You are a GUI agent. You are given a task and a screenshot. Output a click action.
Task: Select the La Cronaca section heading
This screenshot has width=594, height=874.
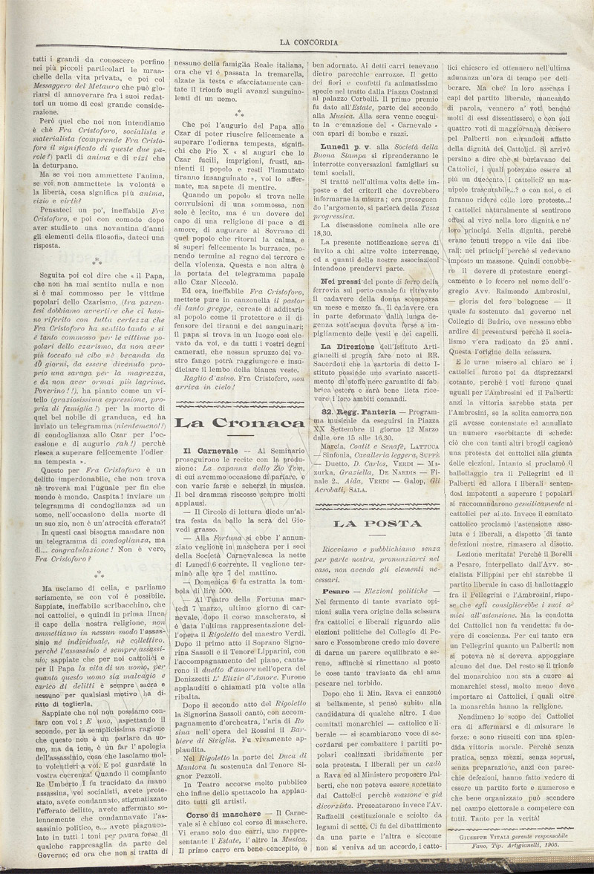coord(237,424)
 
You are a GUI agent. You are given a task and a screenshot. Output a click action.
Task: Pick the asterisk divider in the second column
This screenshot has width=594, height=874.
coord(238,116)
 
